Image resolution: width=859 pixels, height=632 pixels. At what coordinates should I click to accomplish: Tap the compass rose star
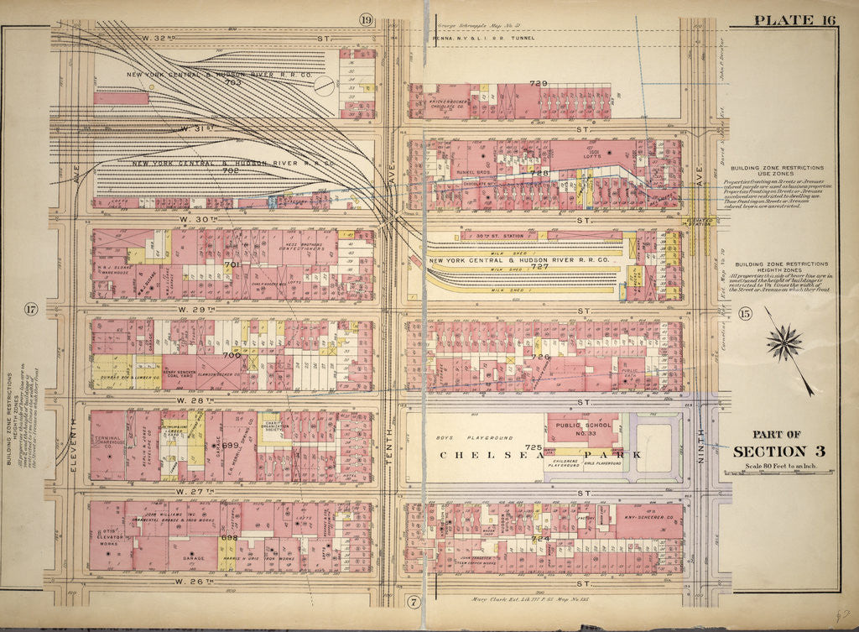[x=784, y=343]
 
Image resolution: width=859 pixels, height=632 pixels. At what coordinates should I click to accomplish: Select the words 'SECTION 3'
[x=778, y=452]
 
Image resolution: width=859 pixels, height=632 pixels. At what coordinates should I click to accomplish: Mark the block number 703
[x=232, y=82]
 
